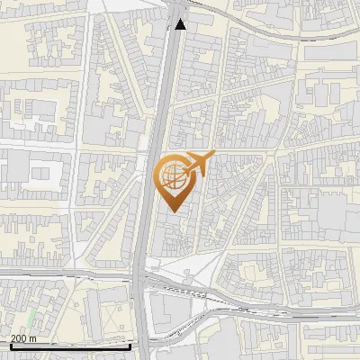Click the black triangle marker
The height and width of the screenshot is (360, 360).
point(181,24)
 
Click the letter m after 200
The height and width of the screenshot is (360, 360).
point(33,338)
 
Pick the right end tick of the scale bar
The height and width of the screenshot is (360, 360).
point(130,345)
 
